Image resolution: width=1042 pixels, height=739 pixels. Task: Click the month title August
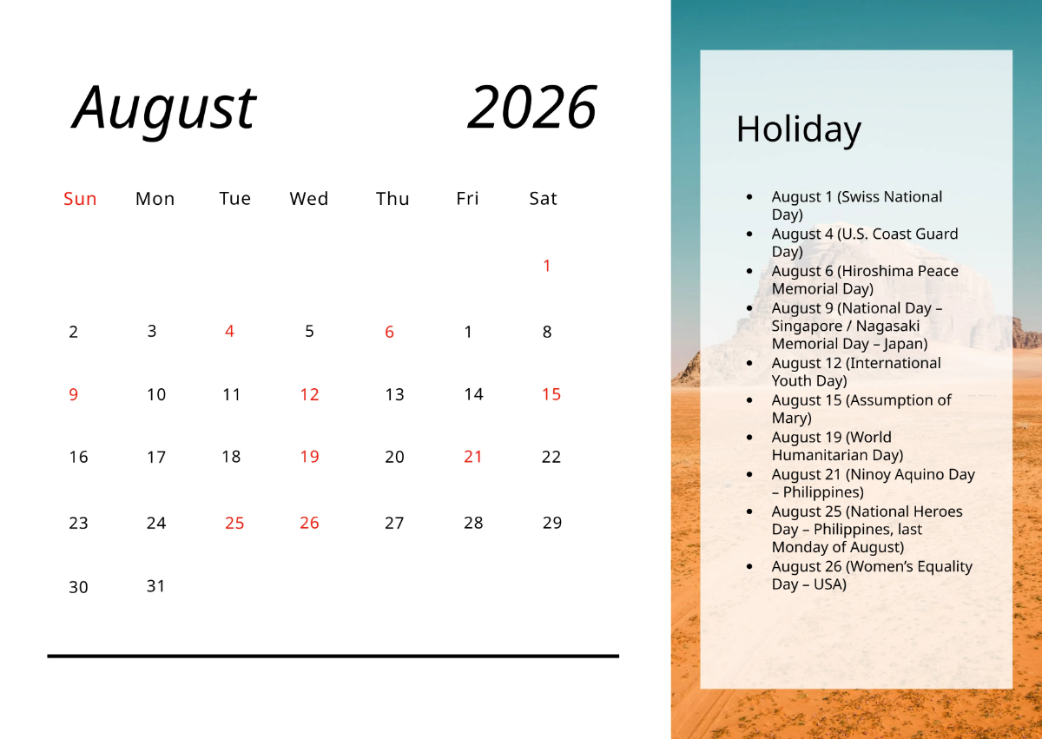pyautogui.click(x=164, y=108)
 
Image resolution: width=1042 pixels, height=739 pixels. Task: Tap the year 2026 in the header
pyautogui.click(x=531, y=108)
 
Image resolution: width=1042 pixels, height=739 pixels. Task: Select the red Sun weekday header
pyautogui.click(x=80, y=199)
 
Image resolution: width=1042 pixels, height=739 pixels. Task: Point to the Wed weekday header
pyautogui.click(x=309, y=199)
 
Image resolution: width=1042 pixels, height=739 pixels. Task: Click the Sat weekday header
pyautogui.click(x=543, y=199)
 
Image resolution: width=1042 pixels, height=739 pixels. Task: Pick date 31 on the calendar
pyautogui.click(x=155, y=586)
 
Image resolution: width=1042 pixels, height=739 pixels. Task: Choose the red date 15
pyautogui.click(x=551, y=394)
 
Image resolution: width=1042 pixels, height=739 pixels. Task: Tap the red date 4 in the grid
pyautogui.click(x=229, y=331)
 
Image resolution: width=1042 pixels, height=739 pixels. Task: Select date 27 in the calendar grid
pyautogui.click(x=394, y=523)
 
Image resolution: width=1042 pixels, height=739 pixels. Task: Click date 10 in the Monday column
pyautogui.click(x=156, y=395)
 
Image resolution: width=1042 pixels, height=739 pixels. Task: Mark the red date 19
pyautogui.click(x=309, y=457)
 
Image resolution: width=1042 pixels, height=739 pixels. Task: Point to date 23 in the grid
pyautogui.click(x=79, y=523)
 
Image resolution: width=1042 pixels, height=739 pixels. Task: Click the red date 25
pyautogui.click(x=234, y=523)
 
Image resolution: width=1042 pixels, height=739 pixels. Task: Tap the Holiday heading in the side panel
pyautogui.click(x=798, y=129)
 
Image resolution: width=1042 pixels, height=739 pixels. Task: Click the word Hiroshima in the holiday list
pyautogui.click(x=877, y=271)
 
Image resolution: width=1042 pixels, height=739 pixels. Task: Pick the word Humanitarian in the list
pyautogui.click(x=837, y=455)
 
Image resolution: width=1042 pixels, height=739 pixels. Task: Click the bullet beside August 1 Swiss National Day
pyautogui.click(x=749, y=197)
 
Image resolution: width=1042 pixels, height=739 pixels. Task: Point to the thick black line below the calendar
pyautogui.click(x=333, y=656)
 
